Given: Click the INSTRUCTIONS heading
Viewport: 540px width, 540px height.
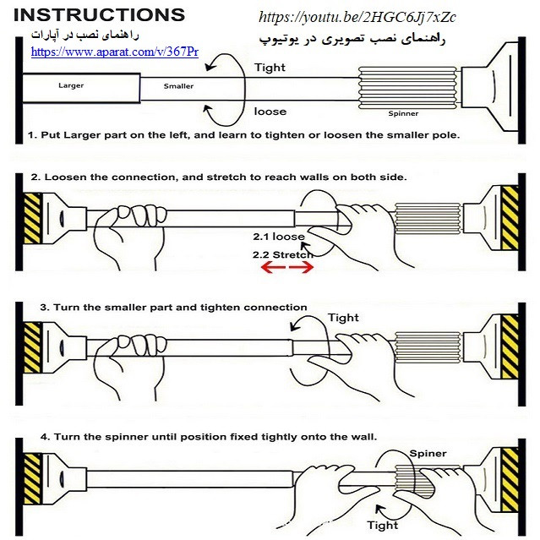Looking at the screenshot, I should pos(101,15).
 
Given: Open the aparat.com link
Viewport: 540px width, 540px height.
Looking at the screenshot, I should pos(115,52).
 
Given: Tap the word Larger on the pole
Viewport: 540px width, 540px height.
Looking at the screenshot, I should pos(71,86).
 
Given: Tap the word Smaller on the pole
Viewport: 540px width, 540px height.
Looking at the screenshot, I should pos(178,86).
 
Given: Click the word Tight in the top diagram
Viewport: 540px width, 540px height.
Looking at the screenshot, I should pos(270,68).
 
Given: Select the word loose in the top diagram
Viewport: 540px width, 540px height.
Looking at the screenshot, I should pos(270,112).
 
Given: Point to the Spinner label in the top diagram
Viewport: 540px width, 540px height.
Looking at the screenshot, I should pos(403,113).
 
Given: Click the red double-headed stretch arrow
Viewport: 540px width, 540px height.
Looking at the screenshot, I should pos(286,268).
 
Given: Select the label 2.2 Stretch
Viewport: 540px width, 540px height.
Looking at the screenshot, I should pos(282,254).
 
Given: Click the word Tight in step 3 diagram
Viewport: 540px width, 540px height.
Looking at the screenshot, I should pos(342,318).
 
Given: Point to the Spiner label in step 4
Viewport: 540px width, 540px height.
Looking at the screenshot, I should pos(428,454).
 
